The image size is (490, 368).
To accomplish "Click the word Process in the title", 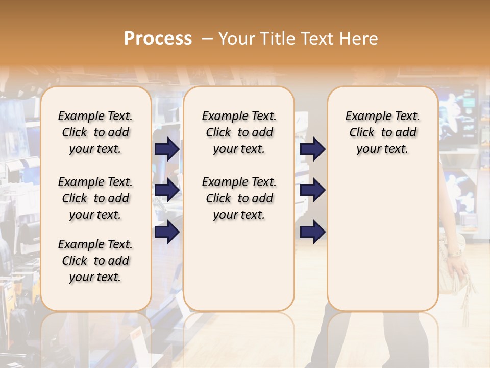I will point(158,39).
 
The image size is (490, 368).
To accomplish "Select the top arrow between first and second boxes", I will point(167,149).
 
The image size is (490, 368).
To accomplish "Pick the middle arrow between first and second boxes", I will point(167,190).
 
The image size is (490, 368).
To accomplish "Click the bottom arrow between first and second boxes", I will point(167,232).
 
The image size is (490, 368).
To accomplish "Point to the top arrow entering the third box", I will point(312,149).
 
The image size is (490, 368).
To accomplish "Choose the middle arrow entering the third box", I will point(312,190).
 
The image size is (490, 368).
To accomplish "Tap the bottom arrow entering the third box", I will point(312,232).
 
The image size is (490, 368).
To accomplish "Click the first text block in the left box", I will point(95,132).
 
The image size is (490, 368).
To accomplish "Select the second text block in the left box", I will point(95,198).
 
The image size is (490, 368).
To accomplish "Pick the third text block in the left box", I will point(95,261).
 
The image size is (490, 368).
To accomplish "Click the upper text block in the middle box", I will point(239,132).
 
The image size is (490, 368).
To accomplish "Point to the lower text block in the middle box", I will point(239,198).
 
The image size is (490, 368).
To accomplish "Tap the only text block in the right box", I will point(382,132).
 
